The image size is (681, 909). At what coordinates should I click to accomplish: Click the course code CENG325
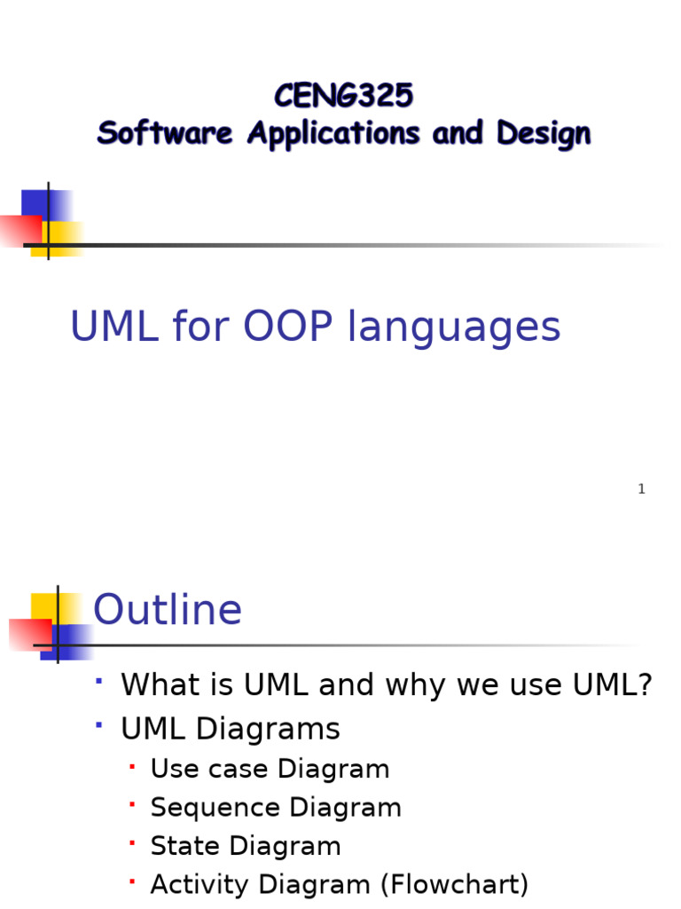(x=343, y=95)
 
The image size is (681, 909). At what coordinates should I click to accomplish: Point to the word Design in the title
(x=543, y=134)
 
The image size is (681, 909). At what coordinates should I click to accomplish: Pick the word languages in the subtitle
(x=454, y=328)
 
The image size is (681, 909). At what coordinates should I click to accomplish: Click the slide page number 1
(x=641, y=489)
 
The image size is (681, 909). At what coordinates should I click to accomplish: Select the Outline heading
(x=168, y=611)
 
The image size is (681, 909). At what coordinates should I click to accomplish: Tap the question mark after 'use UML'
(x=645, y=684)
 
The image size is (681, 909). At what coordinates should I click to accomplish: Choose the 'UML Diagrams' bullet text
(x=231, y=730)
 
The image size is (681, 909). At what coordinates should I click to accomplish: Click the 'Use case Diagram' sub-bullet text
(x=270, y=769)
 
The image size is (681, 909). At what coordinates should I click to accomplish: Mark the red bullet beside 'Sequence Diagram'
(x=132, y=804)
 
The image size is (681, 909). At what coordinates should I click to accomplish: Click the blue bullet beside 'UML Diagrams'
(x=99, y=725)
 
